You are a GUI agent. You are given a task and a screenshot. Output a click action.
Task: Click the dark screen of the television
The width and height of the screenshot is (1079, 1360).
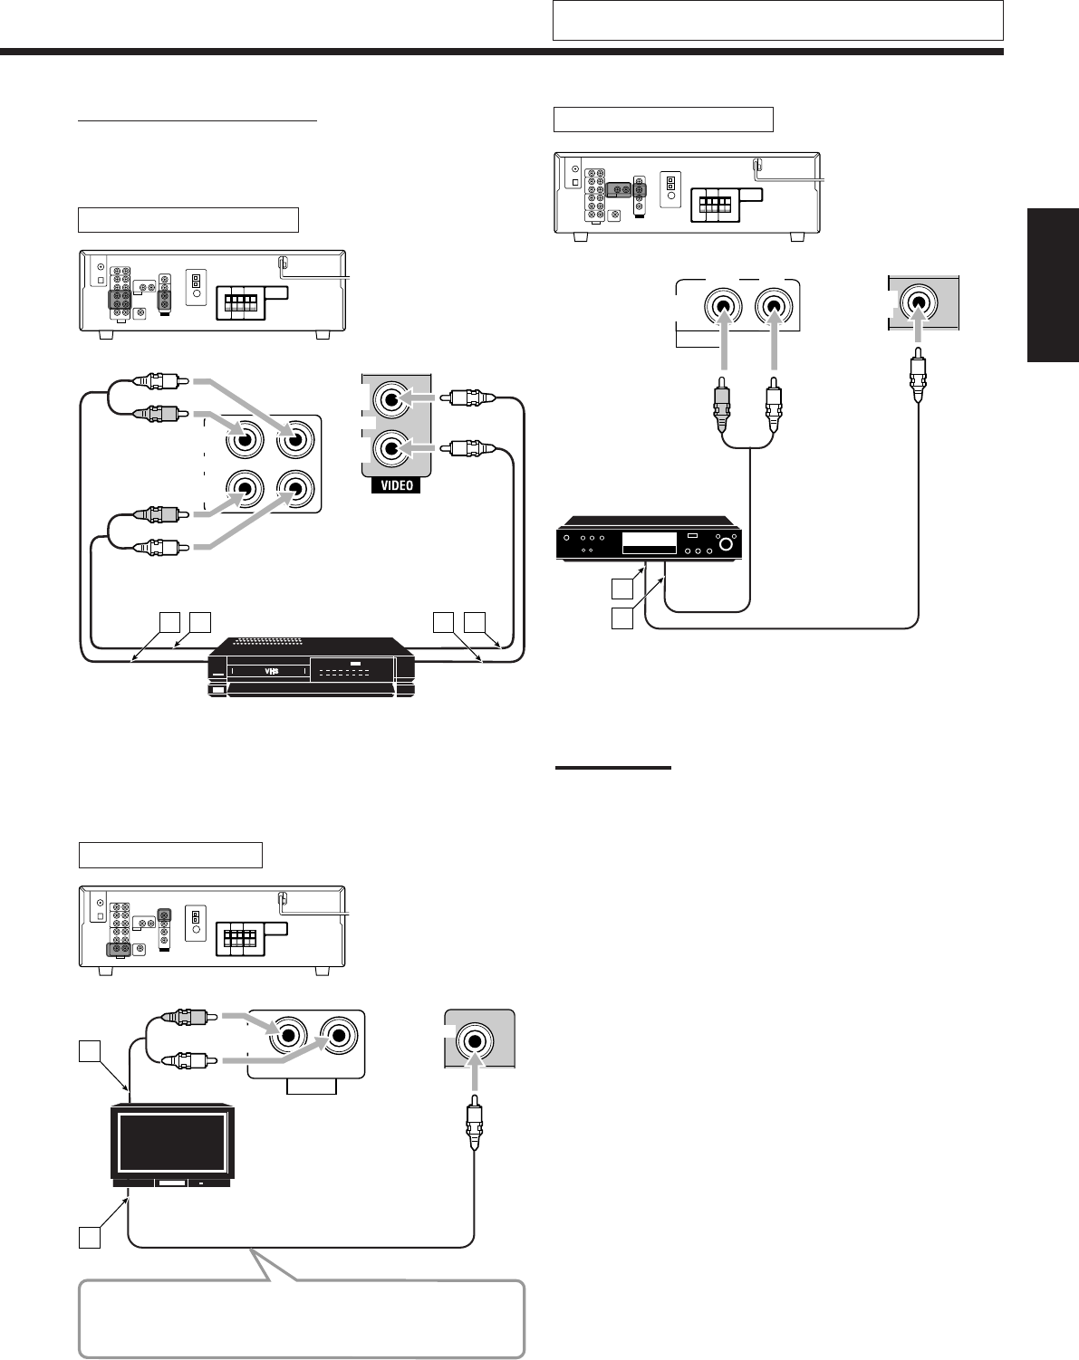click(172, 1144)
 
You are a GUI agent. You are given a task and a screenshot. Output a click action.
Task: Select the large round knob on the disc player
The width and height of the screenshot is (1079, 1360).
click(726, 545)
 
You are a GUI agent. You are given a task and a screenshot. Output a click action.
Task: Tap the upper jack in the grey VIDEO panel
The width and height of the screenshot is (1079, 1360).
click(391, 399)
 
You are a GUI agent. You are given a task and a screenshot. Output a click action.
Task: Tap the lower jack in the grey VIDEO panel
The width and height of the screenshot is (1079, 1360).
click(391, 447)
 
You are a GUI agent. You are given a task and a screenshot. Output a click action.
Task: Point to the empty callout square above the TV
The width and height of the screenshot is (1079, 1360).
click(88, 1050)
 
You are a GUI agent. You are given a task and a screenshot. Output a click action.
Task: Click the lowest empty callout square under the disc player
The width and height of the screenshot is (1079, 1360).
click(621, 619)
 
